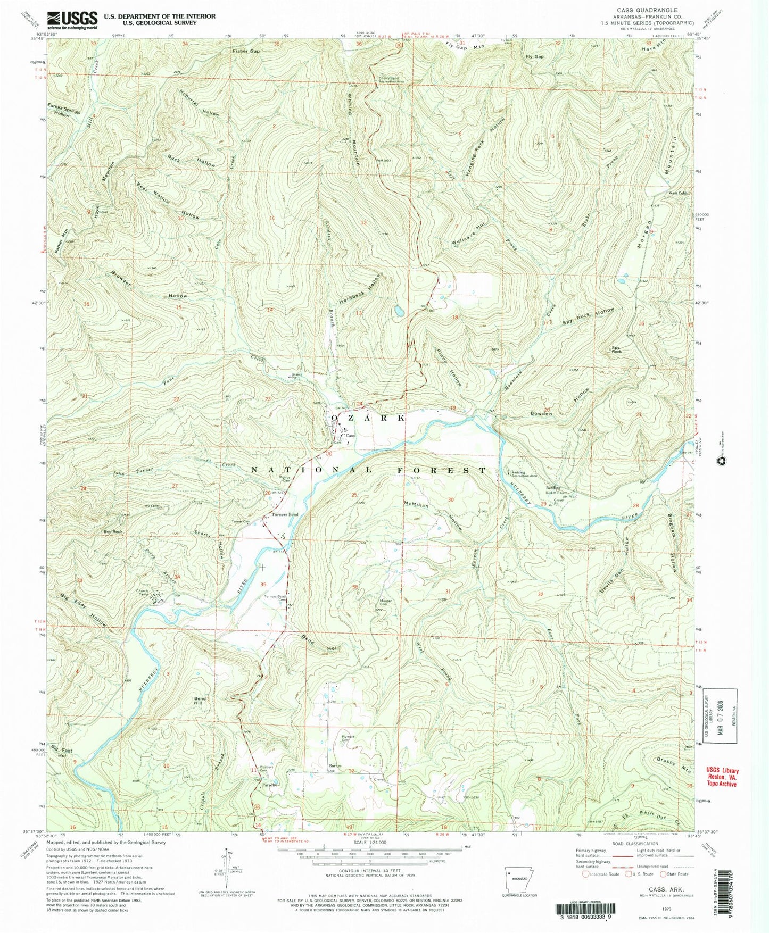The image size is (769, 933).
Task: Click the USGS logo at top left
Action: click(x=72, y=20)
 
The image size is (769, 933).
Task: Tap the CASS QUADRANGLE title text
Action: click(x=647, y=10)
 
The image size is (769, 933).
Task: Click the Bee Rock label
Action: click(x=113, y=531)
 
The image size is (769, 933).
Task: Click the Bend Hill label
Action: click(x=200, y=701)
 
